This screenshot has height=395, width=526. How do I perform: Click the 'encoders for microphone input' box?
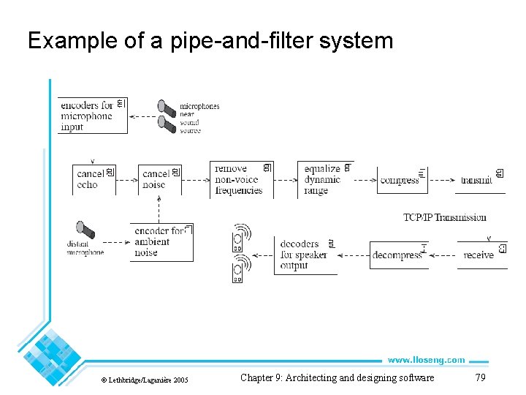coord(92,116)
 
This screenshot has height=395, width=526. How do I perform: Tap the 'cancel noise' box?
coord(159,179)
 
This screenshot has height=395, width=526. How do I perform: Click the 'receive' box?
coord(481,255)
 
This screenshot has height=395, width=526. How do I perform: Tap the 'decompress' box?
coord(399,255)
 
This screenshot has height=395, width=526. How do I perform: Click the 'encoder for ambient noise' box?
coord(161,242)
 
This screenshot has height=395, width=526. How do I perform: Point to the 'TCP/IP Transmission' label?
coord(444,217)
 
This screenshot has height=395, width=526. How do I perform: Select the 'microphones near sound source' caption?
coord(199,118)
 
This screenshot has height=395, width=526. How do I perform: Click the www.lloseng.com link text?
coord(426,360)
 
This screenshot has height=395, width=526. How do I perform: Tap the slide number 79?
coord(480,377)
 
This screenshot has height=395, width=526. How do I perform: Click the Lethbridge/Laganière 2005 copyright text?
coord(144,380)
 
